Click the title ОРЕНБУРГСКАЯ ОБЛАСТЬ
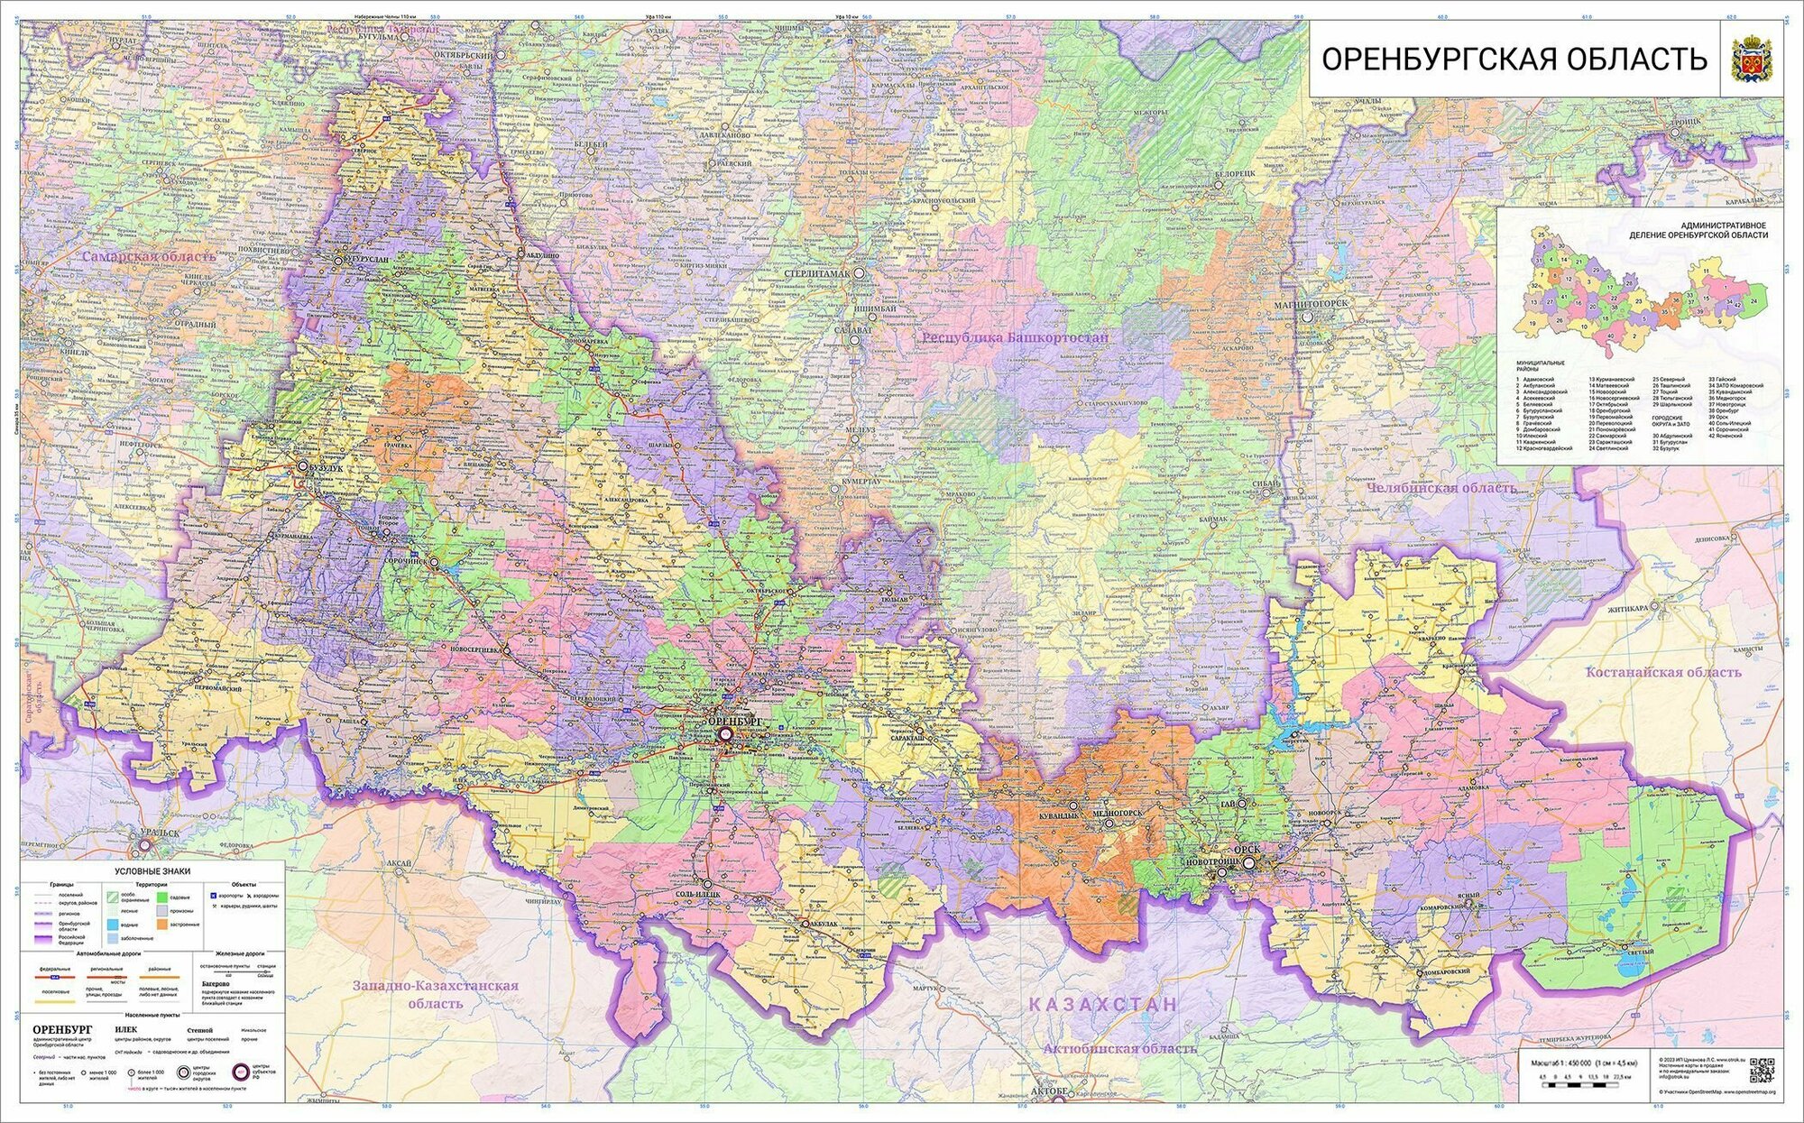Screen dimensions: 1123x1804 click(1514, 59)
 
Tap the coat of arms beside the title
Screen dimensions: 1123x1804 click(1752, 59)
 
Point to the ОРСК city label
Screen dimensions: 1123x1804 click(1247, 850)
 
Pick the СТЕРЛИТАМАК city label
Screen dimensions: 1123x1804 click(821, 272)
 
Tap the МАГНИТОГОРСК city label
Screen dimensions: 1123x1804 click(1312, 305)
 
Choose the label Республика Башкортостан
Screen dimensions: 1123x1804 click(1015, 336)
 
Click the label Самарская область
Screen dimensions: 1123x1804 click(149, 256)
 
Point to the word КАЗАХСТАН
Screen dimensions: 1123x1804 click(1103, 1004)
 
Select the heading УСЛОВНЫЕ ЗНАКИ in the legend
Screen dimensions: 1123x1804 click(152, 871)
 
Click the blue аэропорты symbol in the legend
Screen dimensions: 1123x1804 click(214, 896)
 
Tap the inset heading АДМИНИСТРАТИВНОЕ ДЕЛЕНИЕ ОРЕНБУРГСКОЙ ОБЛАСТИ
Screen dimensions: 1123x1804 click(1698, 230)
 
